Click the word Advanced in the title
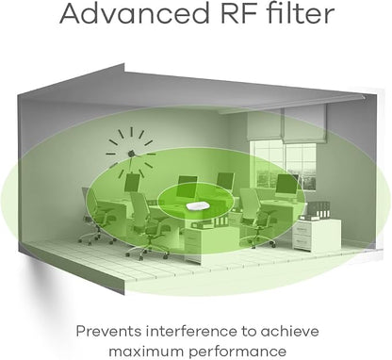135,13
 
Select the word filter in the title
301,13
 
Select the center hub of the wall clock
131,154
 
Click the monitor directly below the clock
131,182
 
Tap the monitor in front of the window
286,185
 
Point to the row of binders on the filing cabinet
319,209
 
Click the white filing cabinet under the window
317,234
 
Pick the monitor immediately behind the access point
188,187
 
